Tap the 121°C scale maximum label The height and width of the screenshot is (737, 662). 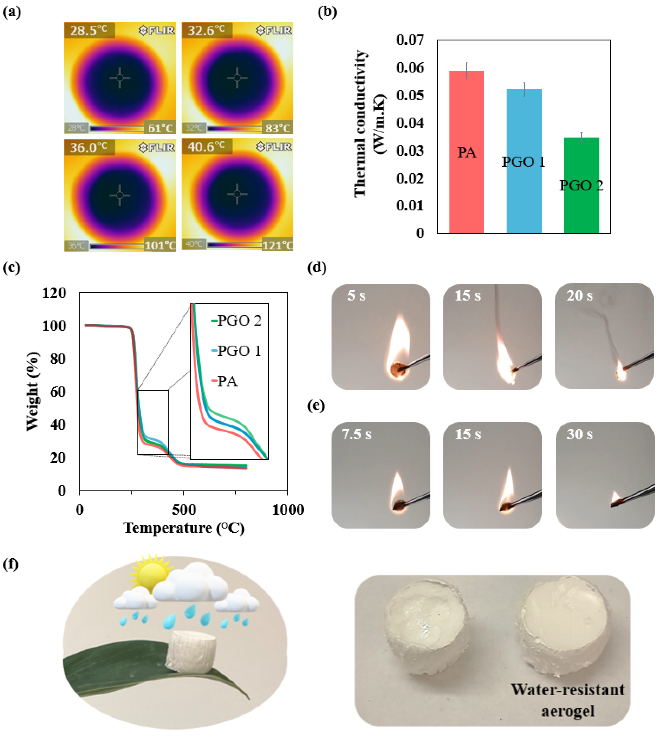coord(278,245)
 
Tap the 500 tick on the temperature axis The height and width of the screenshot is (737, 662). coord(184,509)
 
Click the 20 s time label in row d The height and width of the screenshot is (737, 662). coord(579,295)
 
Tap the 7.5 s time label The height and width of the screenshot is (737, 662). coord(356,434)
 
